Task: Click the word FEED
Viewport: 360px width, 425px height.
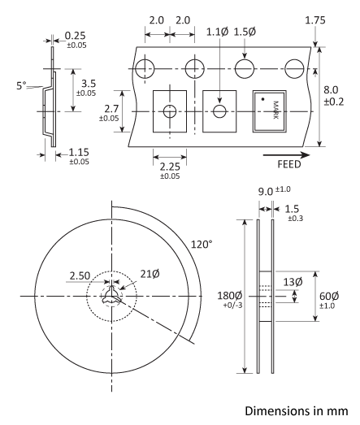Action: (x=288, y=163)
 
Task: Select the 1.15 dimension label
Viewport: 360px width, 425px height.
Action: (x=79, y=152)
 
